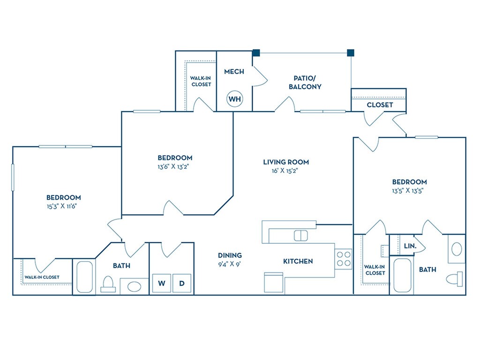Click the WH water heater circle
[x=235, y=99]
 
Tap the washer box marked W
[x=162, y=283]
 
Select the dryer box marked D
[x=182, y=283]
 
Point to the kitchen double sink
[x=300, y=236]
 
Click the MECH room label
[x=234, y=72]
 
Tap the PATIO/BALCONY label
[x=305, y=82]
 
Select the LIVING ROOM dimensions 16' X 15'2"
[x=285, y=171]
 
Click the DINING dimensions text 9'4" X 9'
[x=230, y=264]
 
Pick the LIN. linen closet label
[x=410, y=246]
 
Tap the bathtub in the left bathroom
[x=84, y=277]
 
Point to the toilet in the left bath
[x=108, y=284]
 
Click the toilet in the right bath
[x=455, y=279]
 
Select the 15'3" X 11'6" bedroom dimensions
[x=61, y=206]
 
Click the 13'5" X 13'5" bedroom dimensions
[x=408, y=191]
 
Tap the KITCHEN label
[x=298, y=261]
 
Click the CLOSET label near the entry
[x=380, y=105]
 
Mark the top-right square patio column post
[x=351, y=53]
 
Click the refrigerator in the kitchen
[x=274, y=282]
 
